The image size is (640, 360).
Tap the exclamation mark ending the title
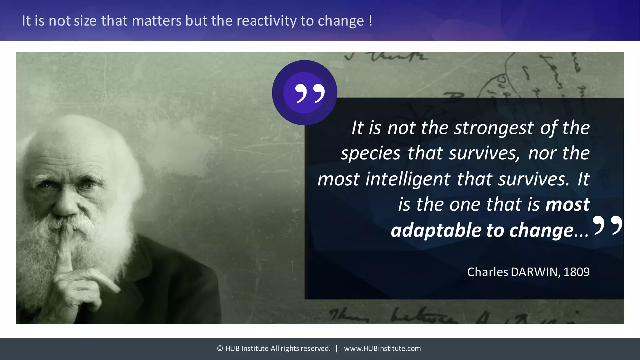coord(371,21)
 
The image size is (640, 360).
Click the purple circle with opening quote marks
coord(304,92)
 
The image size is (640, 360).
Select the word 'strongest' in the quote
coord(494,128)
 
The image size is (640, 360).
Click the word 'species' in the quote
coord(371,154)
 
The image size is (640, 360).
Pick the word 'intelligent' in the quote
coord(408,179)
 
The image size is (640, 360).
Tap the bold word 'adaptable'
coord(436,231)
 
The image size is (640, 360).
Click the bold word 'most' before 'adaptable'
coord(567,205)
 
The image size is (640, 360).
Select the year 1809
coord(577,272)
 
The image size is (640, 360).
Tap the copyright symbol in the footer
coord(220,348)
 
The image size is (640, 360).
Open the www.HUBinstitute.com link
coord(382,348)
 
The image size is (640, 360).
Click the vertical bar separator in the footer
coord(337,348)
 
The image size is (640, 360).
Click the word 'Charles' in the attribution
coord(487,272)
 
